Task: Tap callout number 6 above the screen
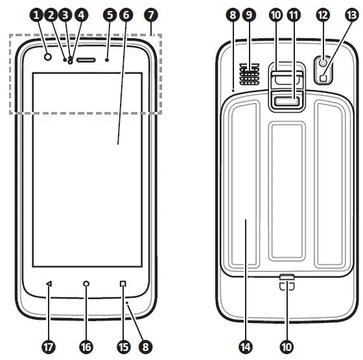(126, 14)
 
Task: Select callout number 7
(152, 14)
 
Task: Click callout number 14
(246, 347)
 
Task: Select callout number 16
(86, 347)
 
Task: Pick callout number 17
(48, 347)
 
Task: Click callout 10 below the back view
(287, 347)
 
